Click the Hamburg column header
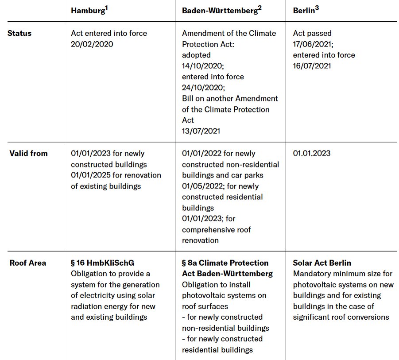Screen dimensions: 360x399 [88, 11]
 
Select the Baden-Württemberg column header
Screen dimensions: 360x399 [220, 11]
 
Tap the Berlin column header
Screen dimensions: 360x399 [304, 11]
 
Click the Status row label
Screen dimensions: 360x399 [19, 33]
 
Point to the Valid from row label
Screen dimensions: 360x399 [28, 154]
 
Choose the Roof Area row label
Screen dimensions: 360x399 [27, 263]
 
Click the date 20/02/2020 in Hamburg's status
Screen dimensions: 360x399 [92, 44]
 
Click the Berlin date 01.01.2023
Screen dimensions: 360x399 [312, 154]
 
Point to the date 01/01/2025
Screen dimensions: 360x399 [92, 175]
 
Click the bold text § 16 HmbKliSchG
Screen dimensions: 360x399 [102, 263]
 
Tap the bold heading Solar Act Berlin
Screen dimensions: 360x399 [322, 263]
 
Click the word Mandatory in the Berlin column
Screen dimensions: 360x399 [311, 274]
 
